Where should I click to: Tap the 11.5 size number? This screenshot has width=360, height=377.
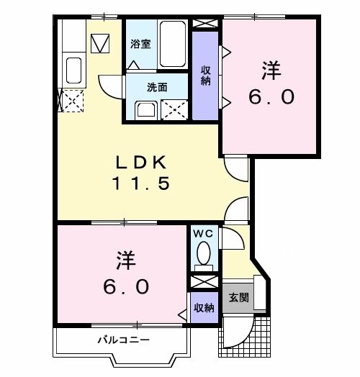pyautogui.click(x=140, y=183)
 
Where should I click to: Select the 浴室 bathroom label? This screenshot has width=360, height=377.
pyautogui.click(x=140, y=44)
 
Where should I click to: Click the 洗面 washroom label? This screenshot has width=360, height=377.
pyautogui.click(x=157, y=88)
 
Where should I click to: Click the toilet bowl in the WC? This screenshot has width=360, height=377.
pyautogui.click(x=203, y=253)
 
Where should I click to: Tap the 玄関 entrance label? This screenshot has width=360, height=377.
pyautogui.click(x=239, y=297)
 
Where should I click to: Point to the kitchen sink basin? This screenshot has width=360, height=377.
pyautogui.click(x=73, y=71)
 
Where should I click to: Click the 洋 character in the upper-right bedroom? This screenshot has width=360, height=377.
pyautogui.click(x=271, y=71)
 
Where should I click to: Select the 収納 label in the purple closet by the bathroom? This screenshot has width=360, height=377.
pyautogui.click(x=205, y=76)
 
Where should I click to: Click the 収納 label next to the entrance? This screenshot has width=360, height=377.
pyautogui.click(x=204, y=308)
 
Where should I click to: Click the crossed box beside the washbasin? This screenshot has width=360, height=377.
pyautogui.click(x=174, y=110)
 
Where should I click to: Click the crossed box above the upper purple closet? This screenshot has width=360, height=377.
pyautogui.click(x=204, y=22)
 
